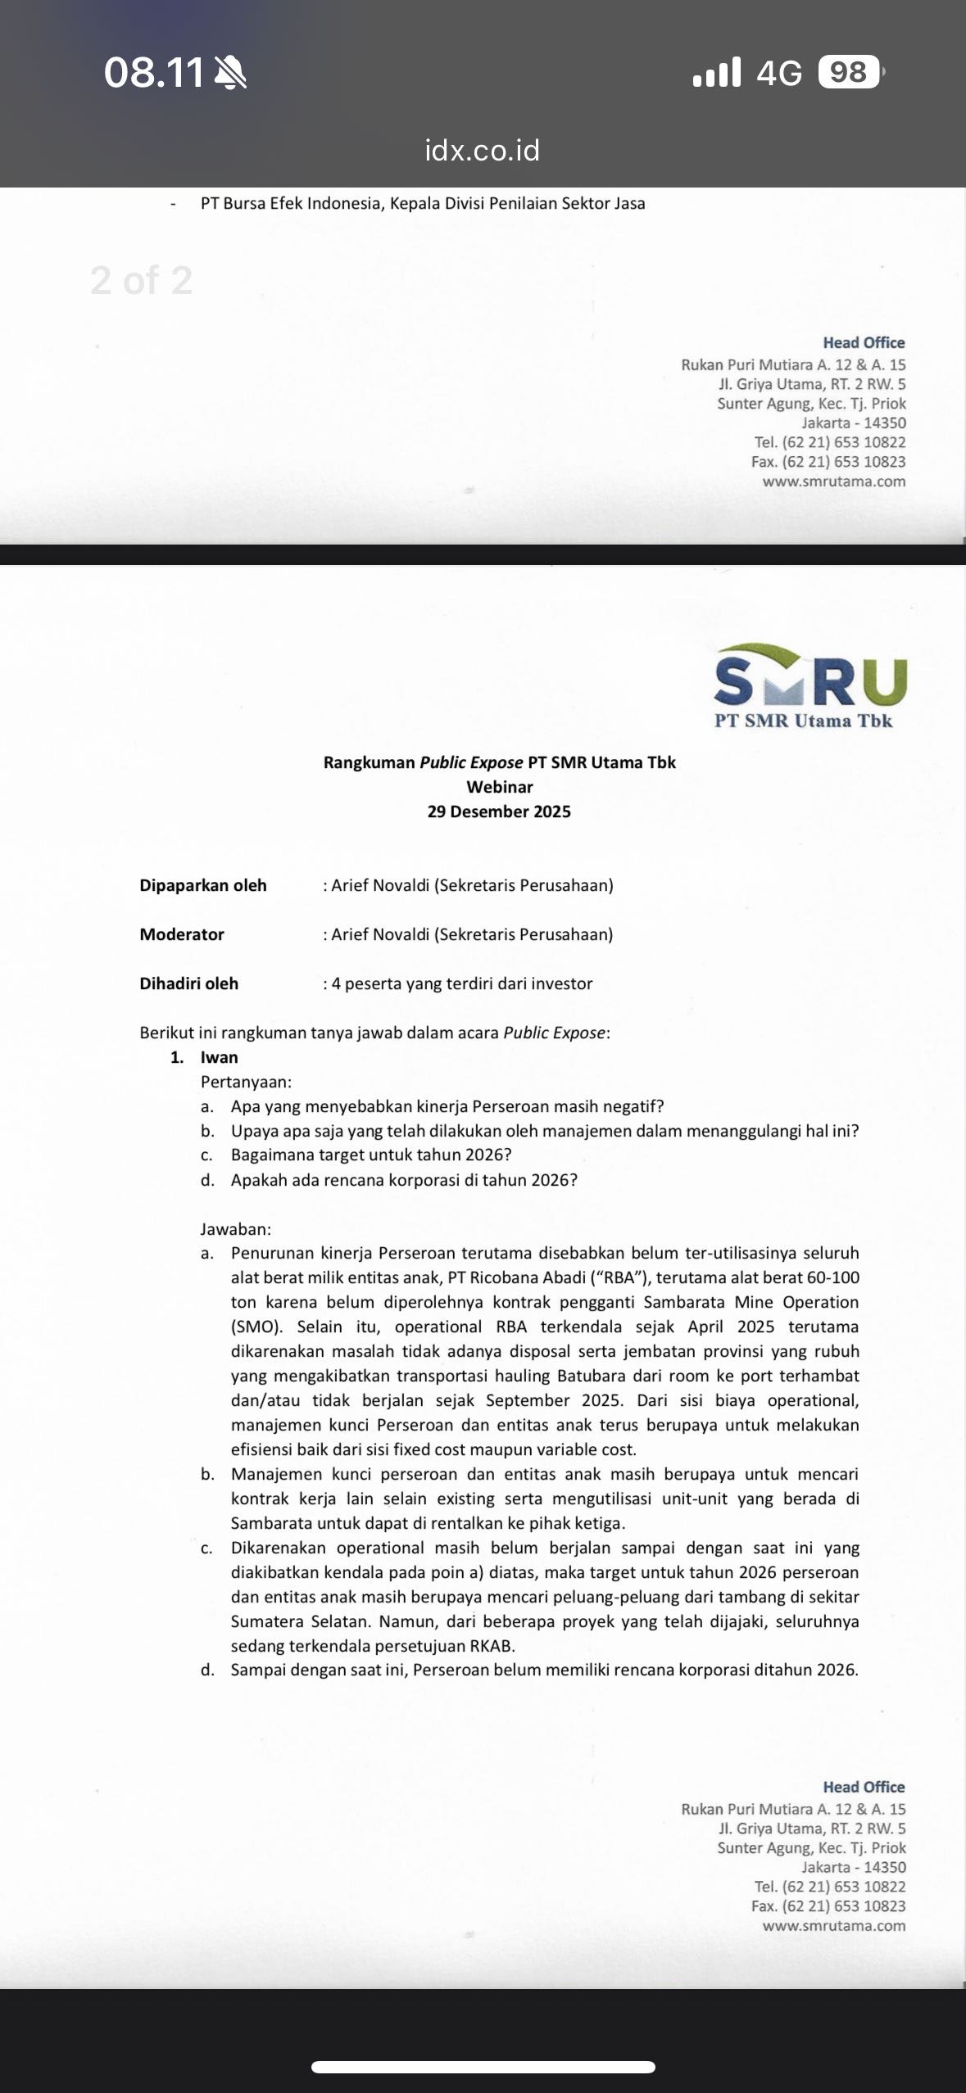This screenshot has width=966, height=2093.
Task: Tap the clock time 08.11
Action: tap(154, 74)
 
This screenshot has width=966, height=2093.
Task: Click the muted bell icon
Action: tap(229, 75)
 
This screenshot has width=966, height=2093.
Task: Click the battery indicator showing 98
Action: tap(850, 73)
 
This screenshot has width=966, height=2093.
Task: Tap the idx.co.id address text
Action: tap(482, 151)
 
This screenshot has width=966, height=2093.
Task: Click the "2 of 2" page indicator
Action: tap(141, 281)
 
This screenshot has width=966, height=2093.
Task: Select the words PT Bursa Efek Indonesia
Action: tap(291, 203)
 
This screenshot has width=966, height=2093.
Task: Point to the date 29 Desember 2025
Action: tap(499, 811)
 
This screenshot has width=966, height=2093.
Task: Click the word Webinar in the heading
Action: tap(499, 787)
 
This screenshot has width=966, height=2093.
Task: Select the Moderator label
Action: tap(182, 934)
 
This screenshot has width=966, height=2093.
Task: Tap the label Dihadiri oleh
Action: tap(189, 983)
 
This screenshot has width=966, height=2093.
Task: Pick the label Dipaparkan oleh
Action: tap(203, 885)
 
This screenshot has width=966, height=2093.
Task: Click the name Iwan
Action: tap(220, 1057)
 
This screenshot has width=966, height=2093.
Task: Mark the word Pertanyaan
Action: tap(245, 1082)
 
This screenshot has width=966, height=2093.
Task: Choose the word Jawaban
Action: tap(235, 1229)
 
